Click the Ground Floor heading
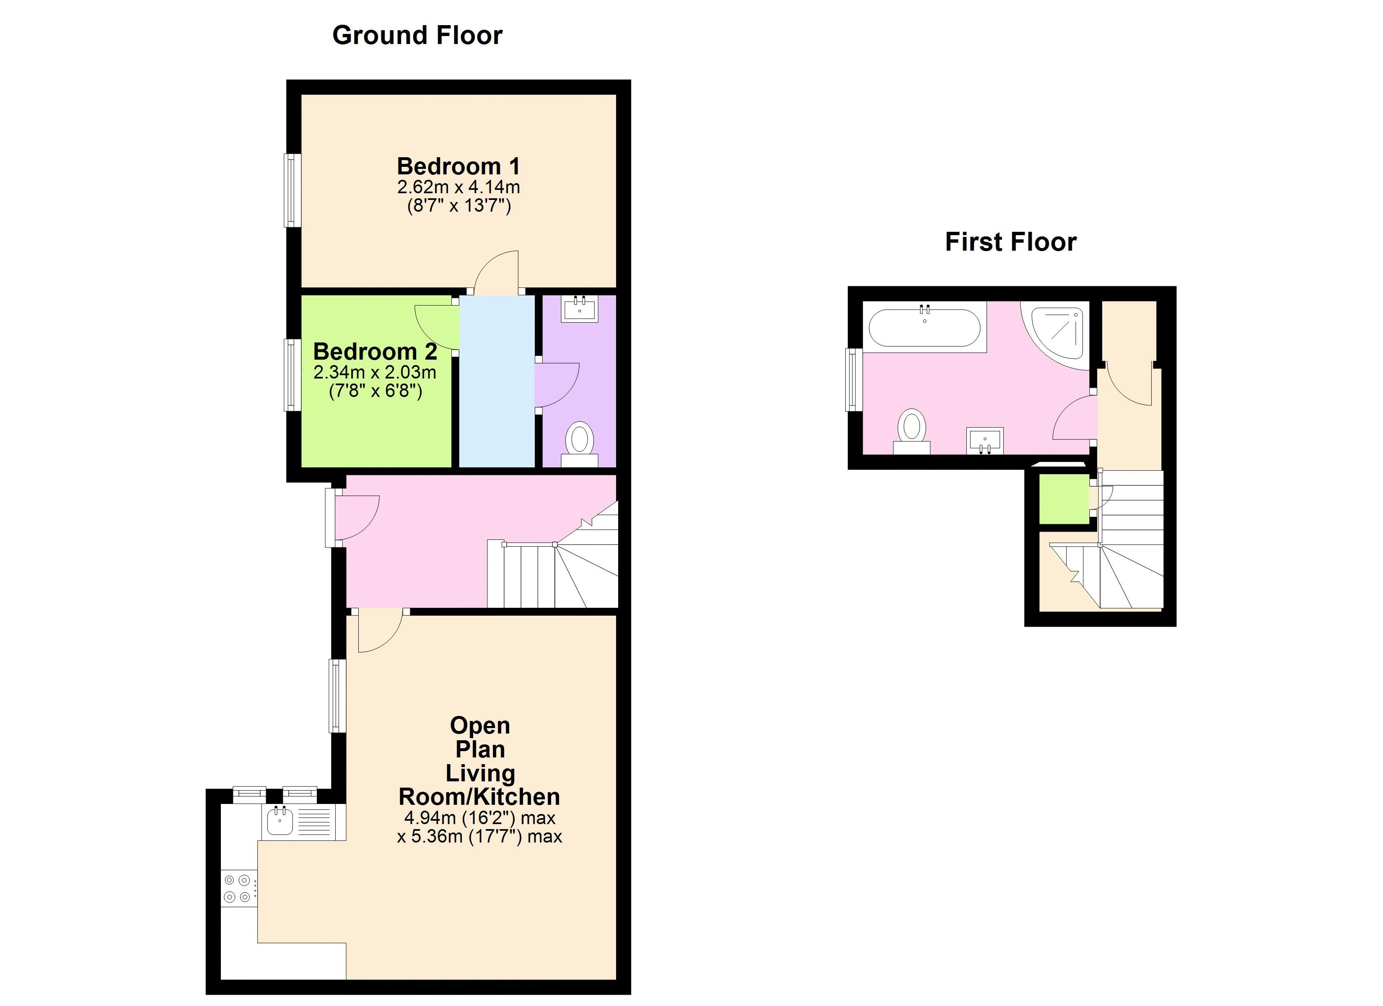[417, 35]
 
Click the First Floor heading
[1010, 242]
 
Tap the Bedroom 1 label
[458, 166]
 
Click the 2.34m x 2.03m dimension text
[375, 372]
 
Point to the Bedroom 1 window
[293, 190]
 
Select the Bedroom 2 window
[293, 375]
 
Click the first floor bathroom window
[854, 379]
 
